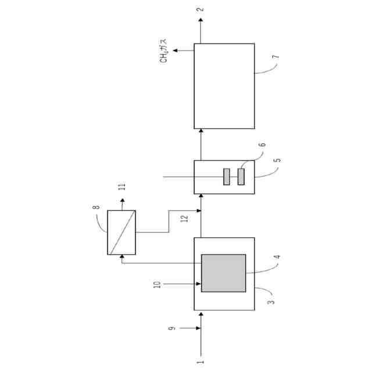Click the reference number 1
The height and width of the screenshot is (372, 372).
pos(201,362)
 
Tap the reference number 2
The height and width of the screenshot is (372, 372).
pos(201,9)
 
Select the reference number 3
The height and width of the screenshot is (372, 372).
pos(271,302)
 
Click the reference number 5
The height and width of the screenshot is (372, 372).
pos(277,160)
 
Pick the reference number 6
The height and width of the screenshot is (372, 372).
pos(262,145)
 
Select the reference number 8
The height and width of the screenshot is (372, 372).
pos(96,207)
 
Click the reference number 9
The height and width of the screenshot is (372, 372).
pos(172,328)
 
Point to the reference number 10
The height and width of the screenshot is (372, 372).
pos(158,284)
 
